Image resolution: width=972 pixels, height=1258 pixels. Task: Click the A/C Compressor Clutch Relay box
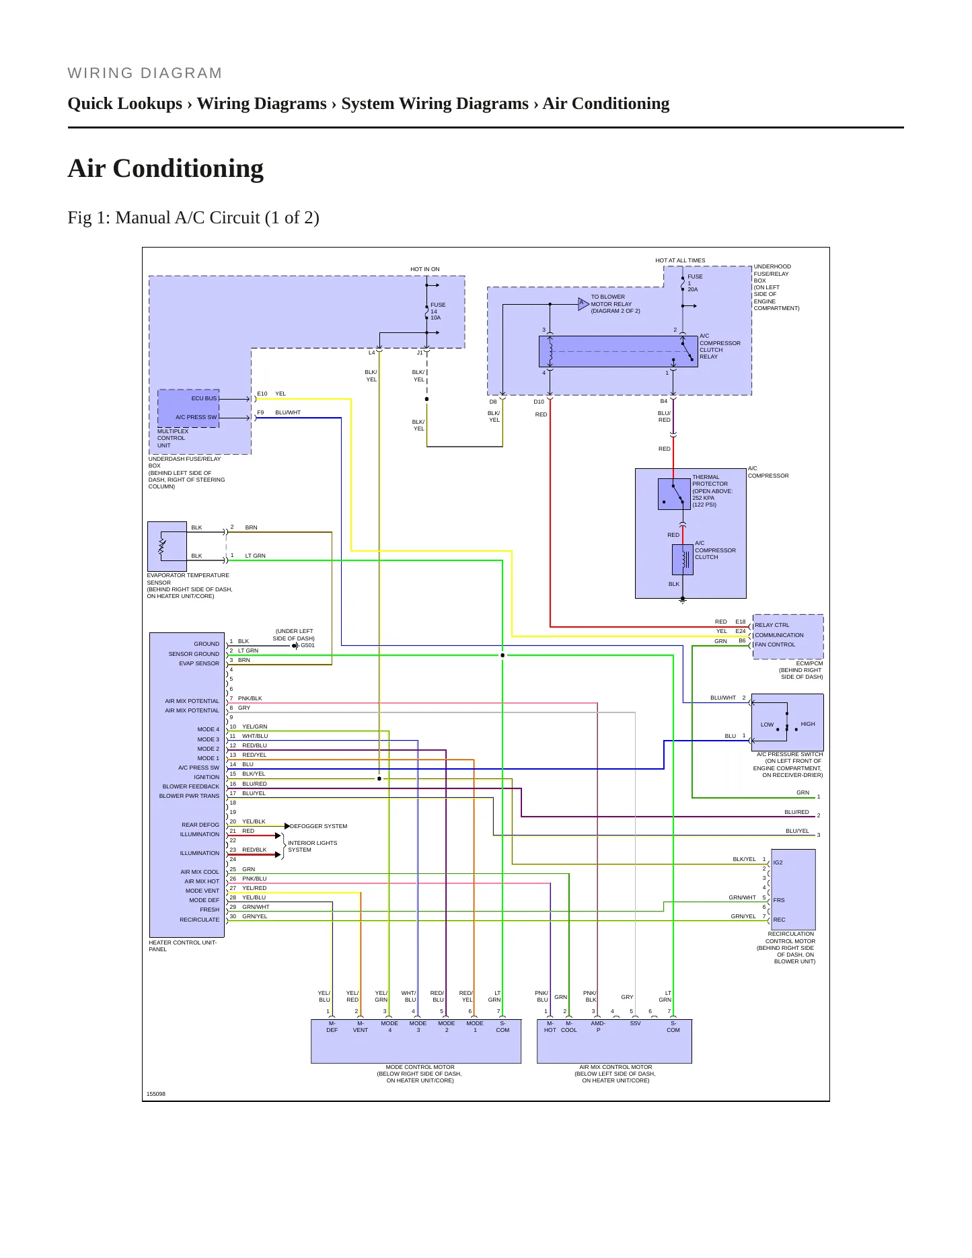pyautogui.click(x=618, y=351)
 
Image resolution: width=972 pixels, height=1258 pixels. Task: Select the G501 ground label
pyautogui.click(x=307, y=645)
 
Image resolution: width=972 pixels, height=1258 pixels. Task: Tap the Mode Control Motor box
pyautogui.click(x=416, y=1041)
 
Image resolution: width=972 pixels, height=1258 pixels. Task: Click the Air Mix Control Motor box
pyautogui.click(x=614, y=1041)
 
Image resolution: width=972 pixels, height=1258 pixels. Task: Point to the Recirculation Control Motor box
pyautogui.click(x=793, y=889)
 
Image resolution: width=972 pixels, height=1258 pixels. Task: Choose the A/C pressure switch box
pyautogui.click(x=787, y=723)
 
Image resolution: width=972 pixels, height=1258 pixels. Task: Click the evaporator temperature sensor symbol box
pyautogui.click(x=167, y=546)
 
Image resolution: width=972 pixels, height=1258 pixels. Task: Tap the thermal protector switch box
pyautogui.click(x=674, y=494)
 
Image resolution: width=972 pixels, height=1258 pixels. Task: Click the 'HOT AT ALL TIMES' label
pyautogui.click(x=680, y=260)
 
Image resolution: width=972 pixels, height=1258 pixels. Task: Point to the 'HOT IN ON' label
pyautogui.click(x=425, y=269)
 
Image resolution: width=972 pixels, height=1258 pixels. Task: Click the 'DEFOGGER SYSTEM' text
pyautogui.click(x=319, y=826)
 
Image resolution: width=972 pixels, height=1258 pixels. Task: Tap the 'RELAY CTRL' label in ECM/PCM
pyautogui.click(x=772, y=625)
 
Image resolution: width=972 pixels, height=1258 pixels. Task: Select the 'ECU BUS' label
pyautogui.click(x=204, y=398)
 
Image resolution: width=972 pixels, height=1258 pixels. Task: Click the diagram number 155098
pyautogui.click(x=156, y=1094)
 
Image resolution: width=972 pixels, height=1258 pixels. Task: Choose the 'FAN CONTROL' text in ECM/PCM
pyautogui.click(x=775, y=644)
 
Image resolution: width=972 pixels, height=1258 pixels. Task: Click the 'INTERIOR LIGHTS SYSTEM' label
pyautogui.click(x=313, y=846)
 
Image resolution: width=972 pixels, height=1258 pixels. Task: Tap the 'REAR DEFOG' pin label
pyautogui.click(x=200, y=825)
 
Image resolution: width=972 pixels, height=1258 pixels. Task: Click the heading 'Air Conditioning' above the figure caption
pyautogui.click(x=165, y=168)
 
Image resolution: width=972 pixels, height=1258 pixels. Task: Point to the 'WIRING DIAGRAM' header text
pyautogui.click(x=145, y=73)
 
